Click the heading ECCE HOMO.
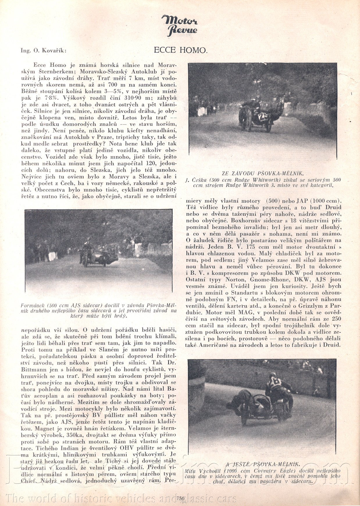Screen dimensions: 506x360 click(x=180, y=50)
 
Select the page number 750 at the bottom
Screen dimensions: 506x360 click(x=180, y=498)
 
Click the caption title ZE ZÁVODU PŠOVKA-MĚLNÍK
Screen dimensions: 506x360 click(x=263, y=174)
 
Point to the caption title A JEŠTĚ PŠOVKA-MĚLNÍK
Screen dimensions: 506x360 click(x=263, y=464)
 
